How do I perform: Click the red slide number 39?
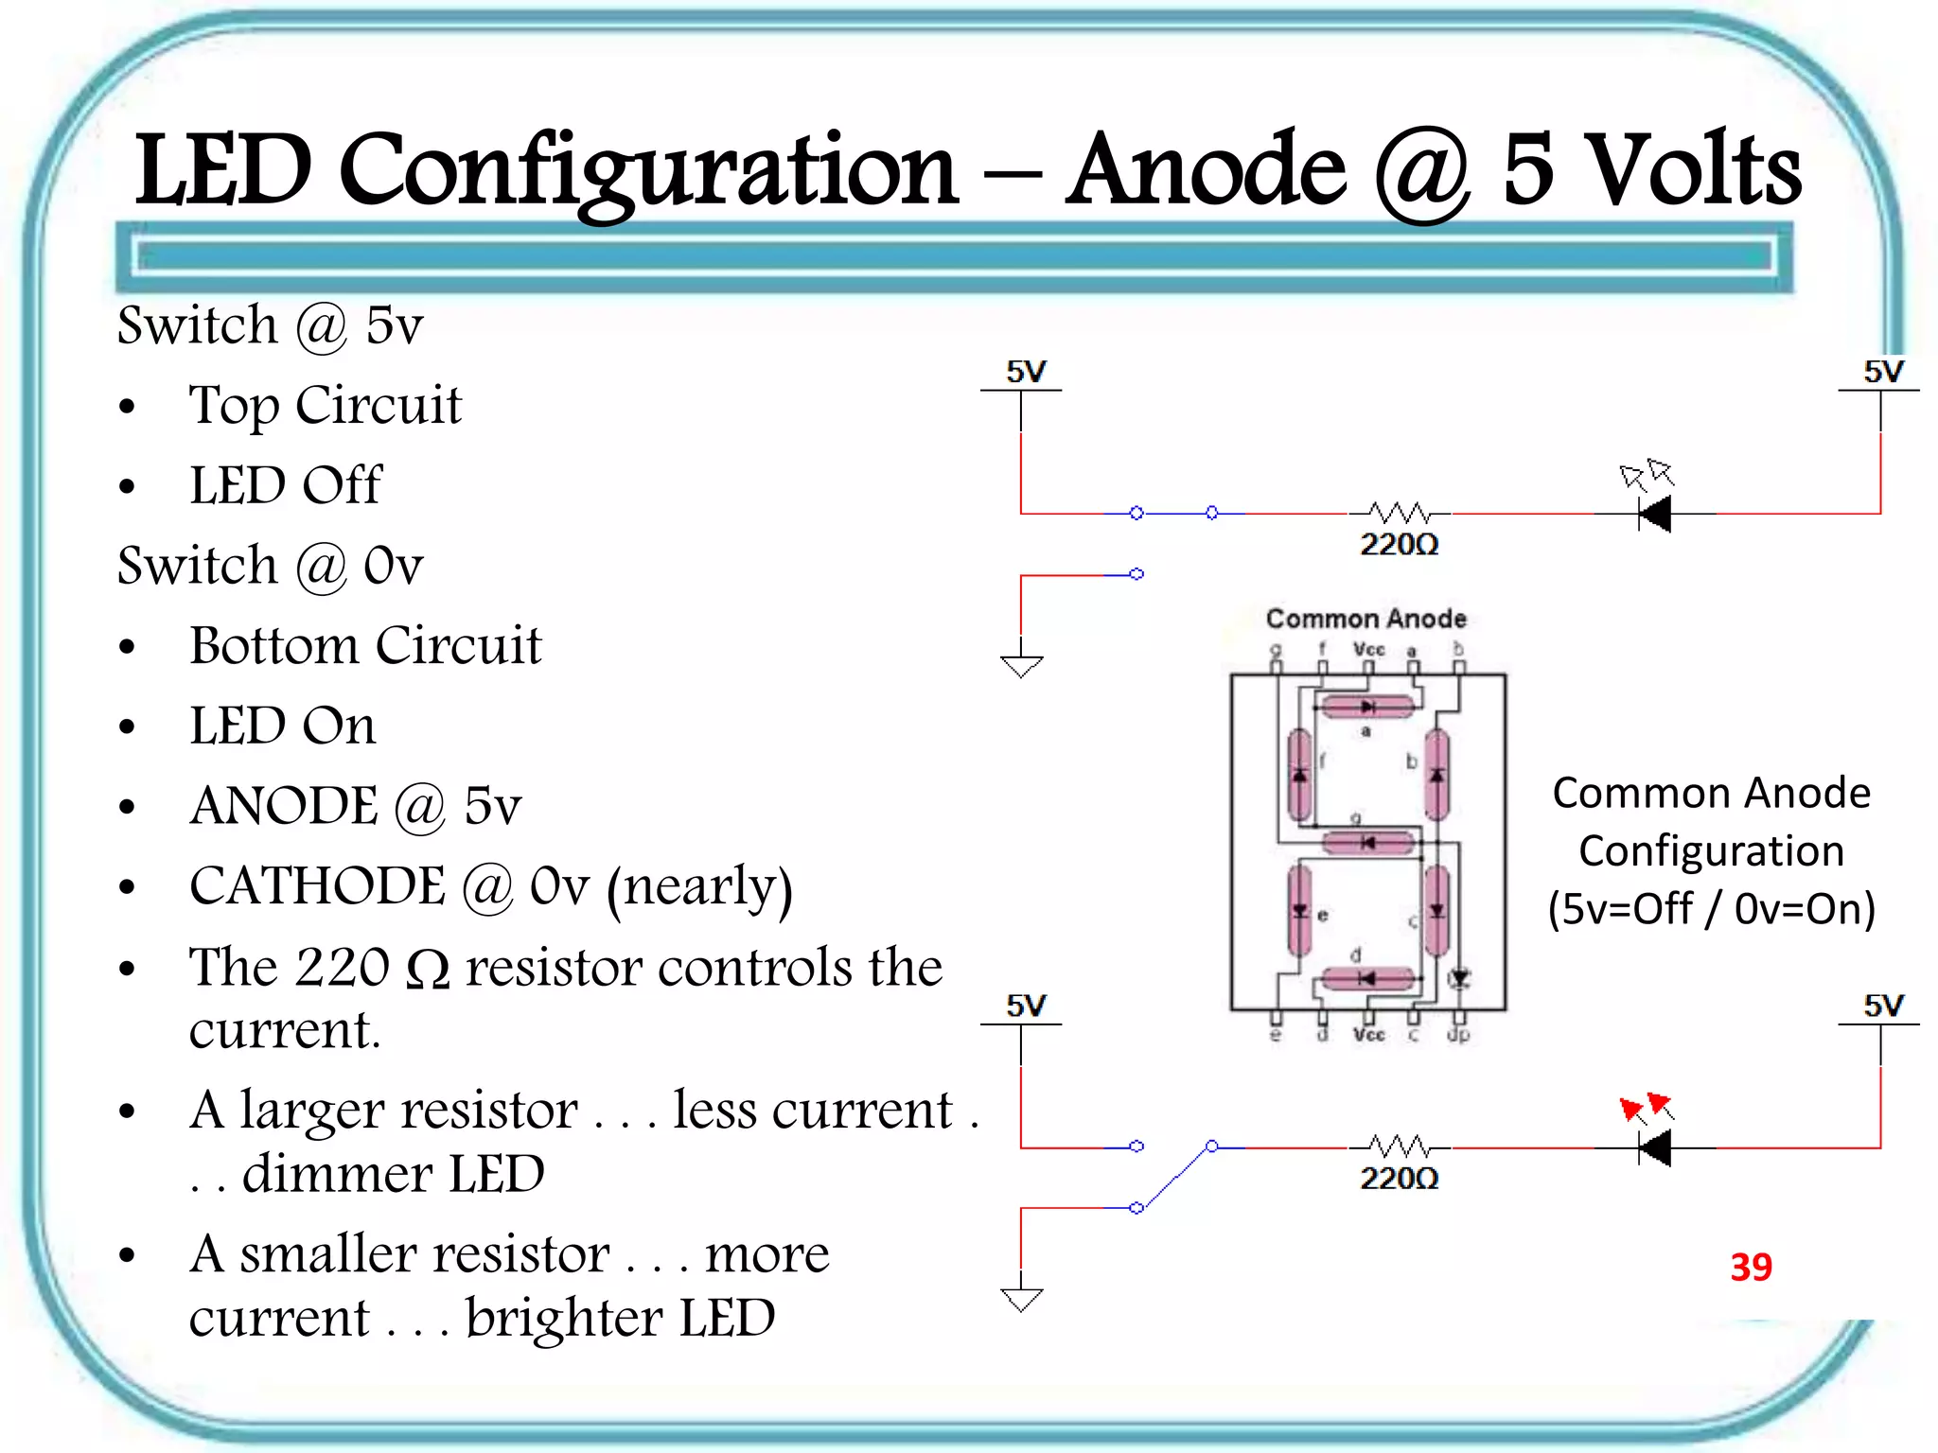pyautogui.click(x=1751, y=1267)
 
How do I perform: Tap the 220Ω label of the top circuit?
pyautogui.click(x=1399, y=545)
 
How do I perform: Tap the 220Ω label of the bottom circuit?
pyautogui.click(x=1399, y=1179)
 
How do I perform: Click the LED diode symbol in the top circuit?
pyautogui.click(x=1655, y=514)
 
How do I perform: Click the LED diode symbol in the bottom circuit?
pyautogui.click(x=1655, y=1147)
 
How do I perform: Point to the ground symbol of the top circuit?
pyautogui.click(x=1021, y=665)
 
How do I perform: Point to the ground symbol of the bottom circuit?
pyautogui.click(x=1021, y=1299)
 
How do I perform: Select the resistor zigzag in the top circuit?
pyautogui.click(x=1400, y=513)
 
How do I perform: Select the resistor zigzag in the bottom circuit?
pyautogui.click(x=1400, y=1147)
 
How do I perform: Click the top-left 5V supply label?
pyautogui.click(x=1026, y=372)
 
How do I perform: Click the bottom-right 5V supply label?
pyautogui.click(x=1883, y=1006)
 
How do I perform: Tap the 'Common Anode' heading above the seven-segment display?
pyautogui.click(x=1365, y=619)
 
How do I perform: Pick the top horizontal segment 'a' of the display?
pyautogui.click(x=1367, y=707)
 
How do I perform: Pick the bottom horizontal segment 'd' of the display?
pyautogui.click(x=1367, y=978)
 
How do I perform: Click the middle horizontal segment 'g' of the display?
pyautogui.click(x=1367, y=842)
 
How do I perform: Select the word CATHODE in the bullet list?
pyautogui.click(x=317, y=886)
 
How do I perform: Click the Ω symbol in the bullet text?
pyautogui.click(x=428, y=971)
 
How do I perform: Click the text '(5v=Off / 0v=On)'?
pyautogui.click(x=1711, y=909)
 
